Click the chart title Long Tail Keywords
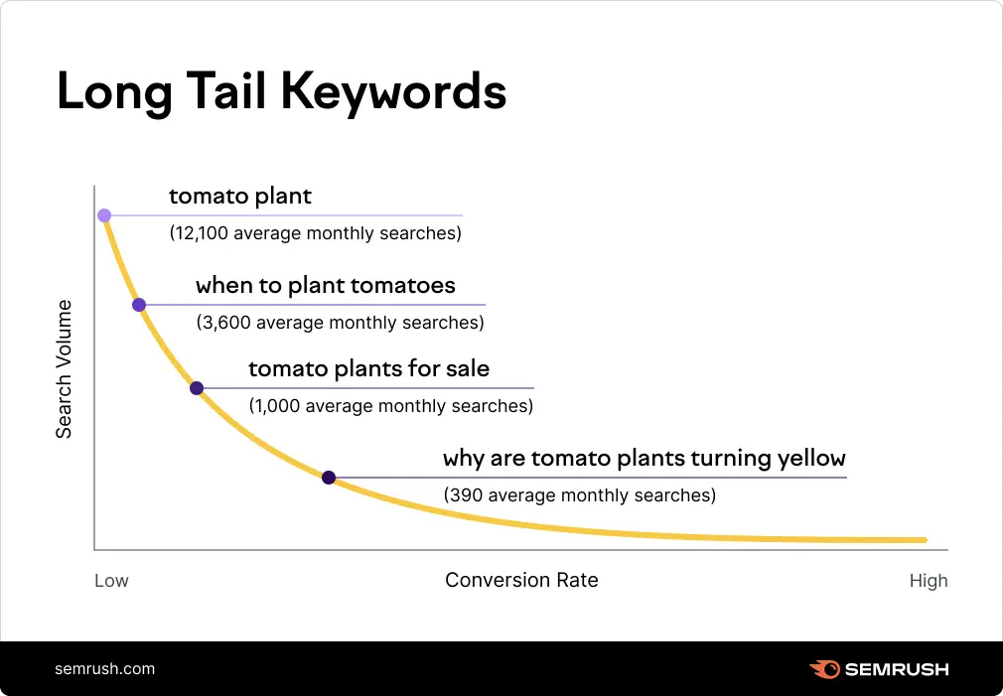[x=281, y=92]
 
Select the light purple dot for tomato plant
[x=104, y=215]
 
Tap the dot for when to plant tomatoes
[x=139, y=305]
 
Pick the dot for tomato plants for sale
[x=197, y=388]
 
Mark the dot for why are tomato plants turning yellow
[x=329, y=478]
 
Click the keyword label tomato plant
[x=240, y=197]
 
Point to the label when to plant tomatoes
[x=326, y=286]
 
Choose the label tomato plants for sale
[x=368, y=369]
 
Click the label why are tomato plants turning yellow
[x=644, y=459]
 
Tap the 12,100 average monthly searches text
[x=316, y=234]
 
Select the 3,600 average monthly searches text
[x=340, y=323]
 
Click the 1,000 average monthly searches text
[x=390, y=406]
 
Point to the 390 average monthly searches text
[x=579, y=494]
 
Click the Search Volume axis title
[x=64, y=368]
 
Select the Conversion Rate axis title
[x=521, y=580]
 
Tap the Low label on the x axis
[x=111, y=581]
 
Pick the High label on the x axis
[x=929, y=581]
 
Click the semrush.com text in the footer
[x=104, y=668]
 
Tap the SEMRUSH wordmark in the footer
[x=896, y=669]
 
